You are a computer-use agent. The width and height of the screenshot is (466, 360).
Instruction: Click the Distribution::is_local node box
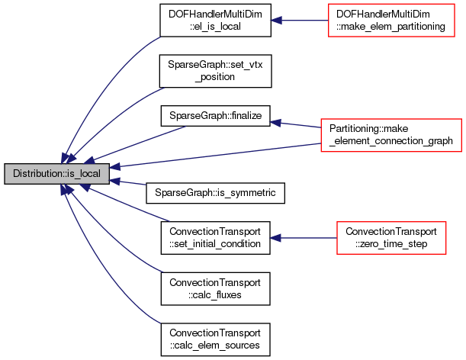(56, 174)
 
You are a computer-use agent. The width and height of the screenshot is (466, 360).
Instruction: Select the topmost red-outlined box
(391, 20)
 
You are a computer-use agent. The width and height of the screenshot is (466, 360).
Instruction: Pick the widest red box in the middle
(390, 135)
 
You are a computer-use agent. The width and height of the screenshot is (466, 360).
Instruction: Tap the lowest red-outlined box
(390, 238)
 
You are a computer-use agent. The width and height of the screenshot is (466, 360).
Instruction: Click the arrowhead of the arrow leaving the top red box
(276, 20)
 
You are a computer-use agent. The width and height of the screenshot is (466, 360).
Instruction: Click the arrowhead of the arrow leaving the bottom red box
(275, 238)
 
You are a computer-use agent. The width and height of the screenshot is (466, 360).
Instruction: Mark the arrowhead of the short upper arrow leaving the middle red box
(276, 122)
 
